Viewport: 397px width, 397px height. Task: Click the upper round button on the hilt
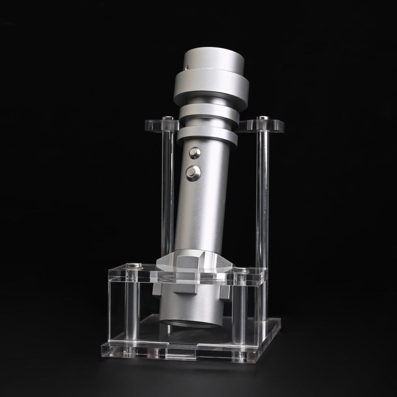coord(193,152)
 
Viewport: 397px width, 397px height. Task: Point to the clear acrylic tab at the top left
coord(161,124)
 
